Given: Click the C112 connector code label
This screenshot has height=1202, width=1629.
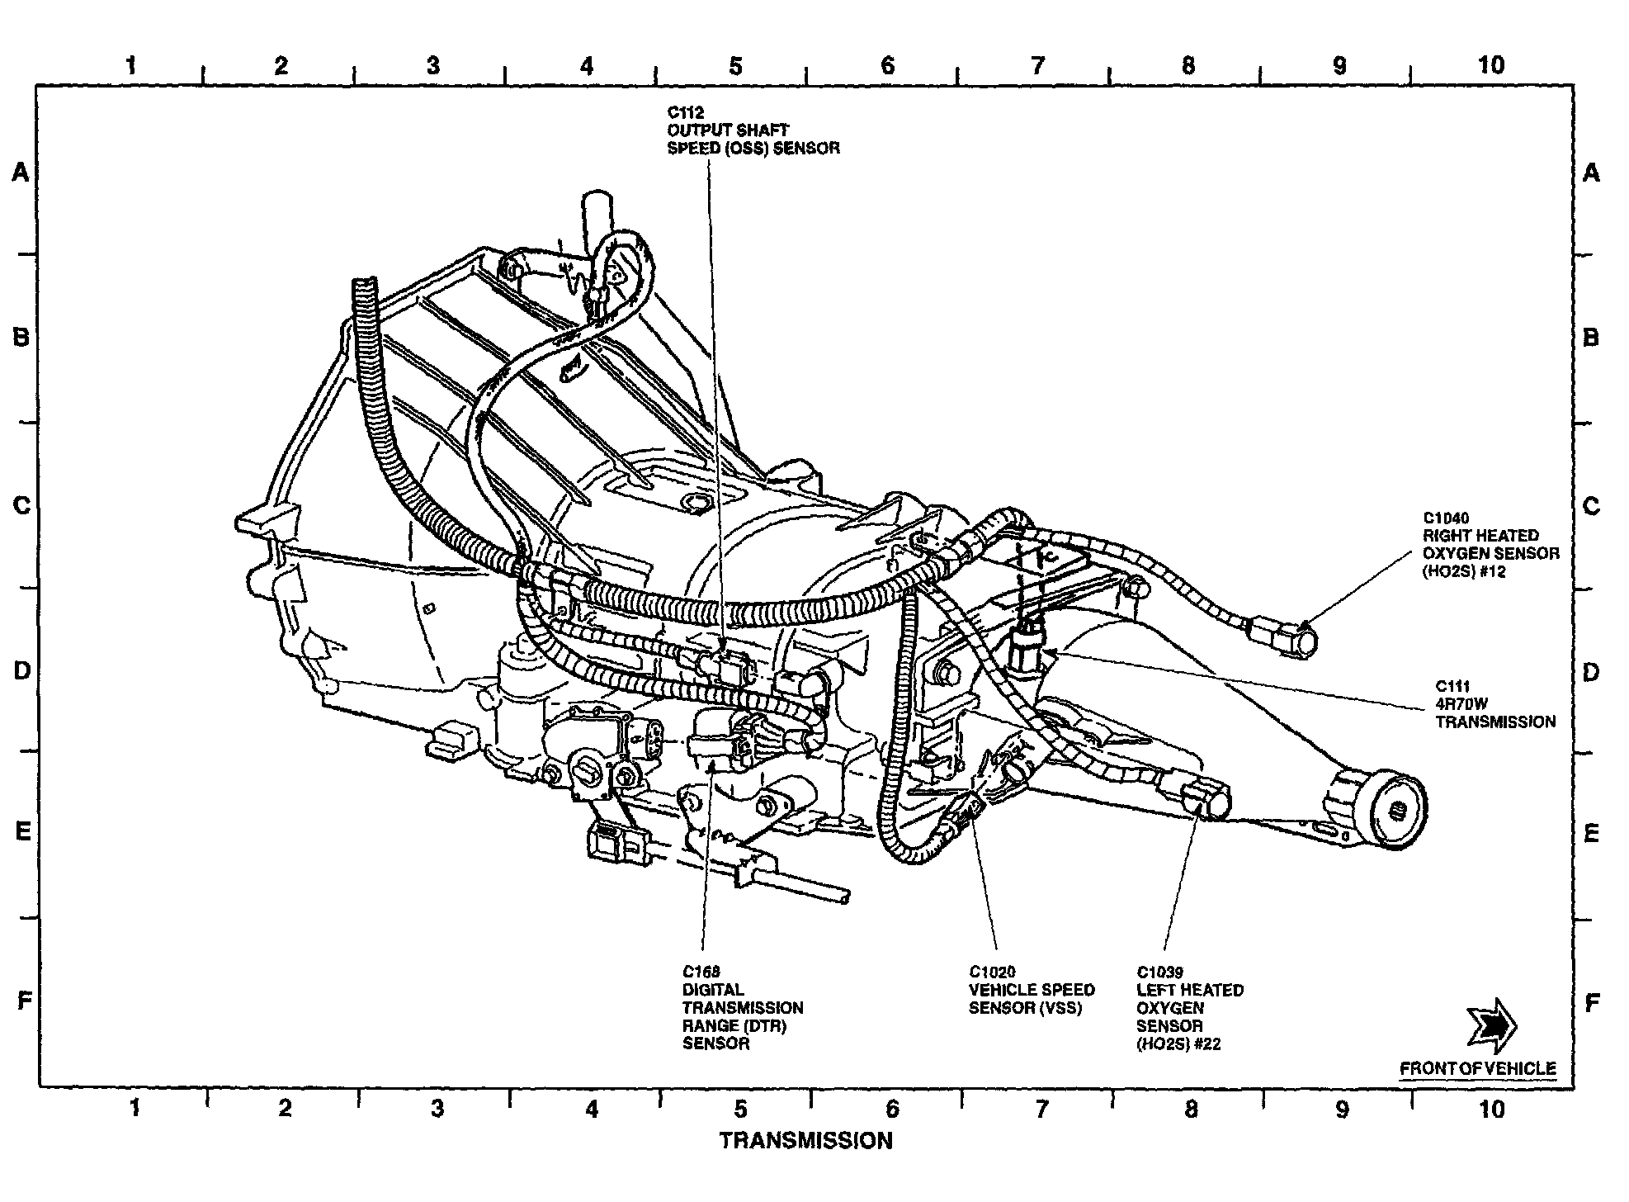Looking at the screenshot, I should [686, 112].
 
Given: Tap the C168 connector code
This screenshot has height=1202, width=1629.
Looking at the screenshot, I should [701, 972].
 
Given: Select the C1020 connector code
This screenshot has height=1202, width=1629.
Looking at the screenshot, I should [992, 972].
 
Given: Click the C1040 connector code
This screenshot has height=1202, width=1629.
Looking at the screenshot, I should [1446, 518].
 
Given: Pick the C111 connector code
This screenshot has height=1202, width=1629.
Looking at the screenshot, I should [1452, 685].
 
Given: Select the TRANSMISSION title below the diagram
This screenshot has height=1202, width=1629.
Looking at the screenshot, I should [805, 1141].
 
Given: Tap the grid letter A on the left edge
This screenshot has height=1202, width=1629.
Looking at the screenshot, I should [21, 173].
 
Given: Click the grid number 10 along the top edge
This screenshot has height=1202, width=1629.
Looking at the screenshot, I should [1490, 65].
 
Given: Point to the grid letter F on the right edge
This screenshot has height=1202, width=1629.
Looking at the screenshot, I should [1592, 1003].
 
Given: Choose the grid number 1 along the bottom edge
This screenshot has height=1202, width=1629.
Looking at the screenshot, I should [135, 1108].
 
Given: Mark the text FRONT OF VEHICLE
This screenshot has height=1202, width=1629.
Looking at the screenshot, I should [1477, 1068].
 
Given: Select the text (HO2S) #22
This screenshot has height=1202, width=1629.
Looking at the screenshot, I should [1178, 1044].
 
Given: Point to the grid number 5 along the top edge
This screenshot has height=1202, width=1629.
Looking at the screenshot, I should [735, 65].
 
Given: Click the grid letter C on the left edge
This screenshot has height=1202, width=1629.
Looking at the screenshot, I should [22, 505].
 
